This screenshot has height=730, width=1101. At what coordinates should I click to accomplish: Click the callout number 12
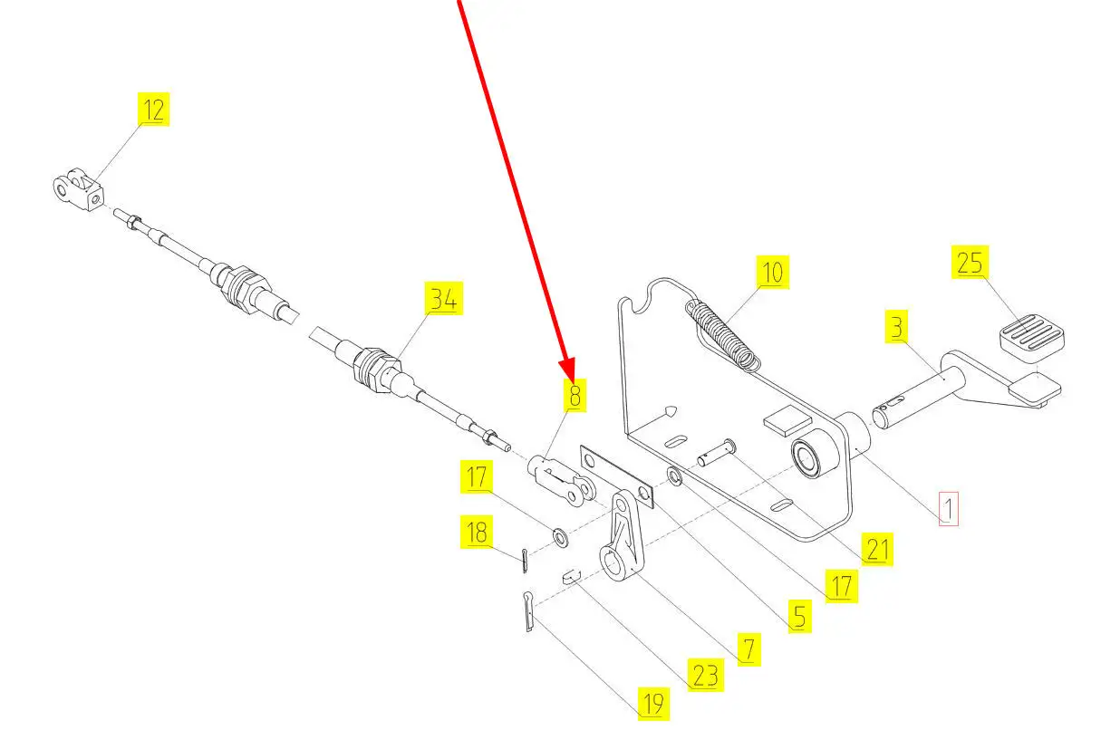[154, 110]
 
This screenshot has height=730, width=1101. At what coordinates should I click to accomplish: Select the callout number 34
[443, 299]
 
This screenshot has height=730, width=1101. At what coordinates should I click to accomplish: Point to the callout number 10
[772, 271]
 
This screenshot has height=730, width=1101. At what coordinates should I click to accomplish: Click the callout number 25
[970, 263]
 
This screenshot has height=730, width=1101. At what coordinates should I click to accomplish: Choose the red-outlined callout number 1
[947, 509]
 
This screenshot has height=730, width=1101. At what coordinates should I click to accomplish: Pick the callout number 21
[877, 550]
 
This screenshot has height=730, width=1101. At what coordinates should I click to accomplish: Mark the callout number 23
[705, 676]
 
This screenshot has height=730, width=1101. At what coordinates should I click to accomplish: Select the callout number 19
[652, 703]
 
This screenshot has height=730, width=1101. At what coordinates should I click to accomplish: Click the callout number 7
[748, 649]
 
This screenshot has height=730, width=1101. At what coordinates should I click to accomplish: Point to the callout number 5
[797, 617]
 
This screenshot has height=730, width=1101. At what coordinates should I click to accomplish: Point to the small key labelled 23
[570, 574]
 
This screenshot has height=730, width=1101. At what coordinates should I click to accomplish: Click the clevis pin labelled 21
[715, 453]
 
